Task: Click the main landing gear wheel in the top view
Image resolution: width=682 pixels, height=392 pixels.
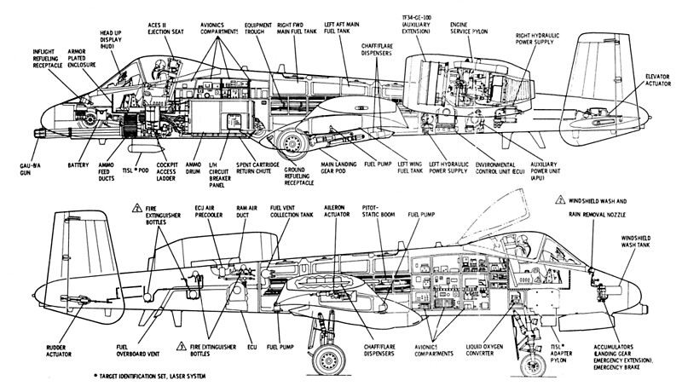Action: [x=292, y=145]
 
